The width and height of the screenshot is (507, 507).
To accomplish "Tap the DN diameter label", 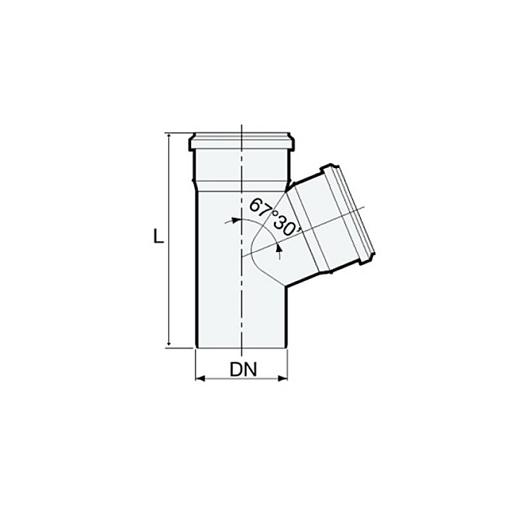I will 243,370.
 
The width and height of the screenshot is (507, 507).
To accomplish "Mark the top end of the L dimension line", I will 169,134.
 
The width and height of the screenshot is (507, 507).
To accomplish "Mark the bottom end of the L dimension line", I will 169,347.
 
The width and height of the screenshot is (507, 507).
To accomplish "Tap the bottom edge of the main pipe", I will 242,348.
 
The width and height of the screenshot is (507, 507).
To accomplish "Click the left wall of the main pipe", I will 196,275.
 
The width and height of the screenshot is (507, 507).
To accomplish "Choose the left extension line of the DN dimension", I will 196,366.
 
